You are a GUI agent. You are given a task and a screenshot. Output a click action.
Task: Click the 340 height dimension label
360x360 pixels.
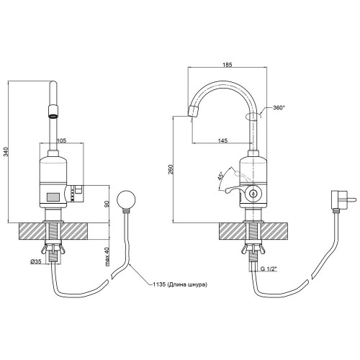click(x=7, y=152)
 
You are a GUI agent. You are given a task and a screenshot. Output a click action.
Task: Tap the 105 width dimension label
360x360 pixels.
click(x=61, y=140)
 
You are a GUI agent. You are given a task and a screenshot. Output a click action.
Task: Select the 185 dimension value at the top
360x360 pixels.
click(x=227, y=65)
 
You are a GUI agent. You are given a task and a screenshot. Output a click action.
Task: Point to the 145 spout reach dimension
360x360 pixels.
click(x=223, y=140)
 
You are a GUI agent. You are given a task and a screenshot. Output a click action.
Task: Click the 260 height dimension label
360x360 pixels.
click(x=171, y=170)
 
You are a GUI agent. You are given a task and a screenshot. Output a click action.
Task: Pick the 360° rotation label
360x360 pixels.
click(x=279, y=107)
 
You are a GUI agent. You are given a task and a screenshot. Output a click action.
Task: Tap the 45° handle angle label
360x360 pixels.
click(x=220, y=176)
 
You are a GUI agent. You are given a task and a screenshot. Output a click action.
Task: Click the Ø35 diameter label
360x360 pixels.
click(x=35, y=262)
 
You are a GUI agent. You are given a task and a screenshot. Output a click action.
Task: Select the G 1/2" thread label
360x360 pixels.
click(x=269, y=269)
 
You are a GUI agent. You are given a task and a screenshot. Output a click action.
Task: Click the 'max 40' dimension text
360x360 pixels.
click(x=107, y=256)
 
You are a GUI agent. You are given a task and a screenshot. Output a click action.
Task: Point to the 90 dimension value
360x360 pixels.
click(x=107, y=204)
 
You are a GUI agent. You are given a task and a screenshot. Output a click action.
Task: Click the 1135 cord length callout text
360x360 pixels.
click(x=180, y=284)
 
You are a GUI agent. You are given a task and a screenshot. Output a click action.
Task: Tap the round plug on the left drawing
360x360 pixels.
click(x=126, y=199)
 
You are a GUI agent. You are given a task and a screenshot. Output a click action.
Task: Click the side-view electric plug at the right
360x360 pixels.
click(x=341, y=199)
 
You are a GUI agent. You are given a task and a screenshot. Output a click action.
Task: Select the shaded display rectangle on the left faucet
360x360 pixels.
click(x=53, y=197)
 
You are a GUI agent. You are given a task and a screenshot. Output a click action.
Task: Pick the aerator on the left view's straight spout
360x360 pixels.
click(x=53, y=112)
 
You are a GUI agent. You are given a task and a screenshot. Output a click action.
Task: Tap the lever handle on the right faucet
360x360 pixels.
click(x=235, y=189)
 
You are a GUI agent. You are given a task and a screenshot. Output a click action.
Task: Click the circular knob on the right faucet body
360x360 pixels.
click(x=253, y=193)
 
